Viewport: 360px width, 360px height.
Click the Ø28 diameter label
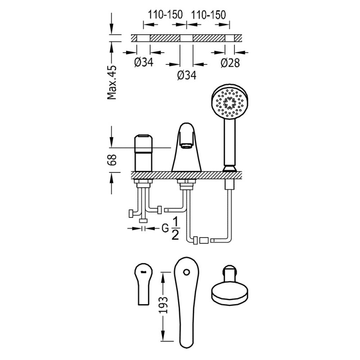point(230,63)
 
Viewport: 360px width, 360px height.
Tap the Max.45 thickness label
point(112,82)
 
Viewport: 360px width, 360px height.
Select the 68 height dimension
point(112,160)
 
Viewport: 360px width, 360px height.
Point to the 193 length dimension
point(163,305)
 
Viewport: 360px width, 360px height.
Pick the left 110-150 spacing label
point(165,15)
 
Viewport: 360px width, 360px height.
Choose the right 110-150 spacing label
point(208,15)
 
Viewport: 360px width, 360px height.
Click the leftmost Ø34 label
point(144,62)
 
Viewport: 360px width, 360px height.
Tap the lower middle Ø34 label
point(187,75)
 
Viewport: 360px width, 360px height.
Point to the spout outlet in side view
point(186,145)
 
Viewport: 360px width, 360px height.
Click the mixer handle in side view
point(144,153)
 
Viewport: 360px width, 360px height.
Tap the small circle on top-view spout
point(187,272)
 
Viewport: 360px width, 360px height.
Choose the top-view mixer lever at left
point(144,284)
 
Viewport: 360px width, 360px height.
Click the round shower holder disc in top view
point(229,293)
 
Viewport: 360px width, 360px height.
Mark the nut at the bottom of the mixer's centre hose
point(144,221)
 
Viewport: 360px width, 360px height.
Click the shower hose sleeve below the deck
point(229,184)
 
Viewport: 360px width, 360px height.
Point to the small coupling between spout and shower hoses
point(204,241)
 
